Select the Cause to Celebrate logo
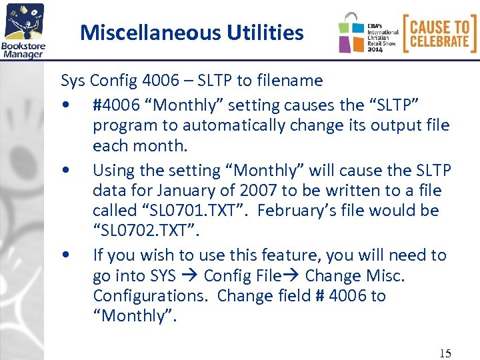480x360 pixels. tap(439, 33)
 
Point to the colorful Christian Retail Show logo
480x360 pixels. tap(369, 33)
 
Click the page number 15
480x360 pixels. tap(444, 353)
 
